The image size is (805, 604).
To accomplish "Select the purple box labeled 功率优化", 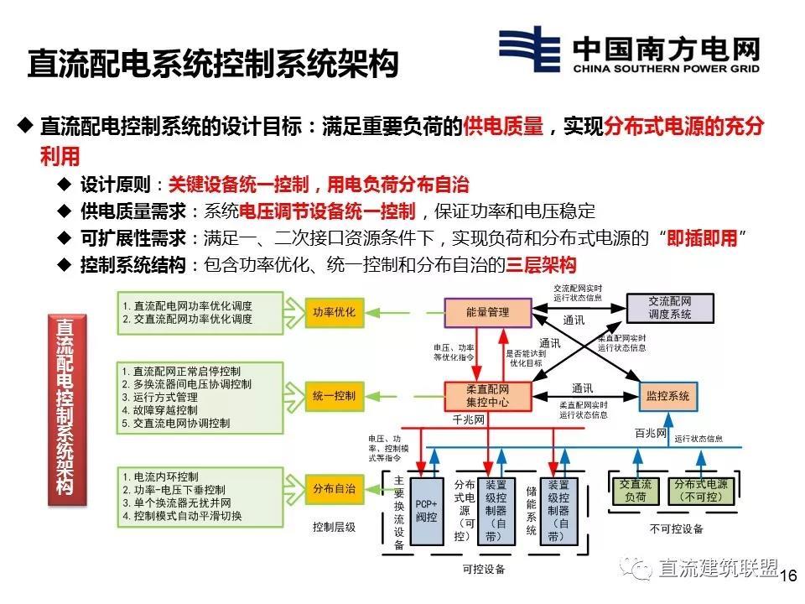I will pos(334,312).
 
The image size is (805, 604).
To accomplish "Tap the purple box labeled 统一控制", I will pos(334,395).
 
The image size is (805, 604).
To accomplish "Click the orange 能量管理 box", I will pos(487,312).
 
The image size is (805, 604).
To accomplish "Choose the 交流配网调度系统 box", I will pos(669,308).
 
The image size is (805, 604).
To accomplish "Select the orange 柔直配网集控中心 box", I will pos(487,396).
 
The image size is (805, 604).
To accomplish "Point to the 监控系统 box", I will pos(668,395).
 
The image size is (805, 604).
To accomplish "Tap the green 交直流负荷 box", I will pos(635,491).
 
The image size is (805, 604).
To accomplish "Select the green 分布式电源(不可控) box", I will pos(701,491).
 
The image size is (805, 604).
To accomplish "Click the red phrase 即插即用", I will pos(702,238).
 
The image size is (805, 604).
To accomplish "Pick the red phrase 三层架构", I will pos(541,266).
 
